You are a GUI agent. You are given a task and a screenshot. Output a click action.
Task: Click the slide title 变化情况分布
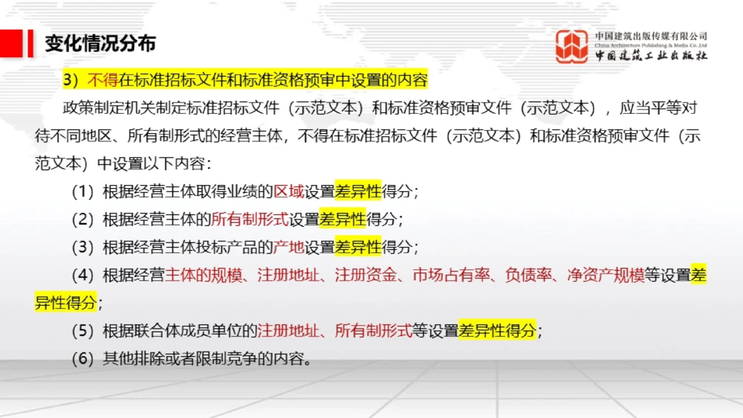click(100, 43)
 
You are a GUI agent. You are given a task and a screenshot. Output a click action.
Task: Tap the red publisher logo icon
click(572, 46)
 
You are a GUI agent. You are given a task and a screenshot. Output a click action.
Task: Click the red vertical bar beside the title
click(30, 43)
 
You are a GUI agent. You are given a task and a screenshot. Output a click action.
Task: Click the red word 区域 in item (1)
click(289, 191)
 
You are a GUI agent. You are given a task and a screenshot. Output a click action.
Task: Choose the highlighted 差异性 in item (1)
click(357, 191)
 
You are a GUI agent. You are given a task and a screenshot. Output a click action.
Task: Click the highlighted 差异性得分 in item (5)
click(497, 330)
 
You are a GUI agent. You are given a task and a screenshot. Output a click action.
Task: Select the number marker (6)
click(84, 358)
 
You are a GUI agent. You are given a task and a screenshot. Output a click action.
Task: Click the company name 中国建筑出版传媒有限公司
click(651, 36)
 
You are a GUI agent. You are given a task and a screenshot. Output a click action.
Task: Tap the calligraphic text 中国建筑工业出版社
click(651, 56)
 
